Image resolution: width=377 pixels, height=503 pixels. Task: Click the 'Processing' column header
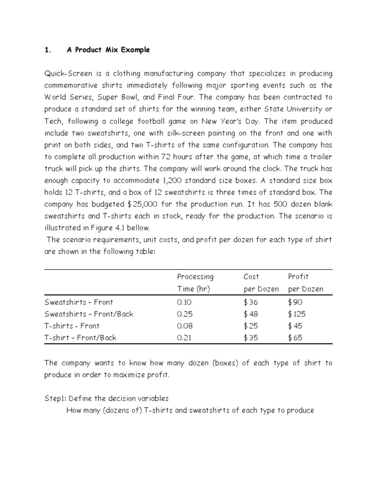pos(195,277)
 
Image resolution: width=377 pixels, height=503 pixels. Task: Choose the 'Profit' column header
pos(298,277)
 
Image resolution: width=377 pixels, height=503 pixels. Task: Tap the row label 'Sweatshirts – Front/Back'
pos(89,314)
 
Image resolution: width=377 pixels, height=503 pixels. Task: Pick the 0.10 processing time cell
pos(185,302)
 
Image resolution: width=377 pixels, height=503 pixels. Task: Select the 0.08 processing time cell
pos(186,326)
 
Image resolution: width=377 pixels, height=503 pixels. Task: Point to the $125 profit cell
pos(297,314)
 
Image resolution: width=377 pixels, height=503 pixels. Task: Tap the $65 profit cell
pos(295,337)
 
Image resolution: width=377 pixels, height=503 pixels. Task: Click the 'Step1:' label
pos(55,398)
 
